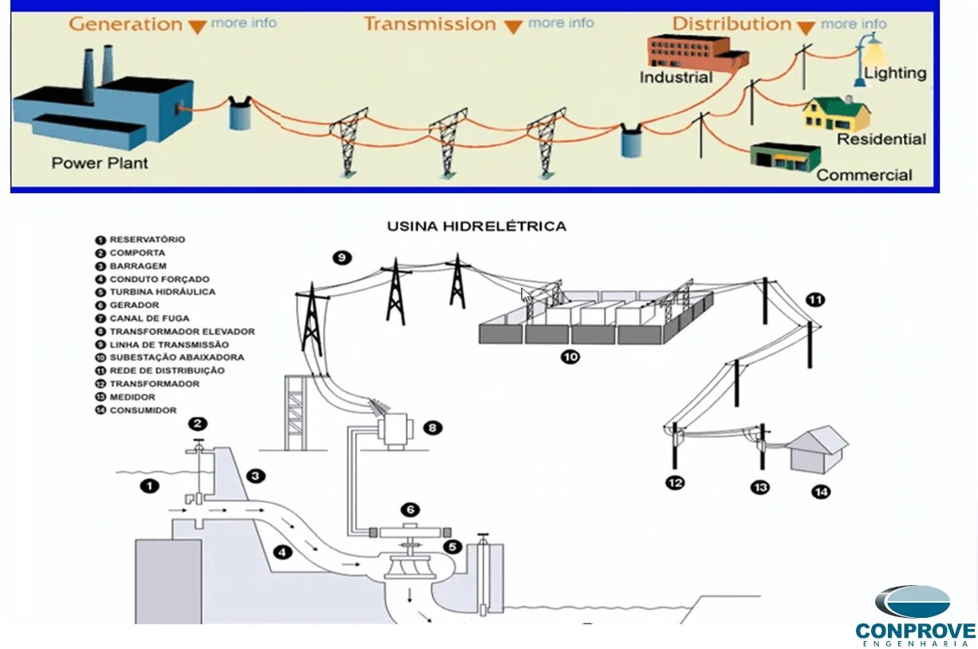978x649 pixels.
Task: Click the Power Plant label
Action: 100,163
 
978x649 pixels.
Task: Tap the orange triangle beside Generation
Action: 197,26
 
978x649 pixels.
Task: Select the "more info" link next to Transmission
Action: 561,23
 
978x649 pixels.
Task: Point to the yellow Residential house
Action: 834,113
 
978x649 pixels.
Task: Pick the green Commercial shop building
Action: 785,156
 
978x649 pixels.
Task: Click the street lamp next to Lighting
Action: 870,56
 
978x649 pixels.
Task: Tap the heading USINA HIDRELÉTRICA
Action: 476,227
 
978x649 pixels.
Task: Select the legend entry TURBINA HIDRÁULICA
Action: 162,292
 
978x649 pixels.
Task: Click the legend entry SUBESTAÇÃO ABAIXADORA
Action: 176,358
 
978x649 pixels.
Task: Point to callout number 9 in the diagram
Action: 341,258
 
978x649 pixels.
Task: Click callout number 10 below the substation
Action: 570,357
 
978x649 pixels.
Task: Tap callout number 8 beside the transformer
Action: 432,428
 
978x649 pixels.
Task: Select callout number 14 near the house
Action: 820,492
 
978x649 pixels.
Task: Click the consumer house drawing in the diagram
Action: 817,449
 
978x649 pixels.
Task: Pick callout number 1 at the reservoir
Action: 149,485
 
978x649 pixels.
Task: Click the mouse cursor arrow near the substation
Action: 526,295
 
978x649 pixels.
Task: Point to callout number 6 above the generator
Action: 409,509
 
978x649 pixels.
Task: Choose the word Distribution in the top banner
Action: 732,24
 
